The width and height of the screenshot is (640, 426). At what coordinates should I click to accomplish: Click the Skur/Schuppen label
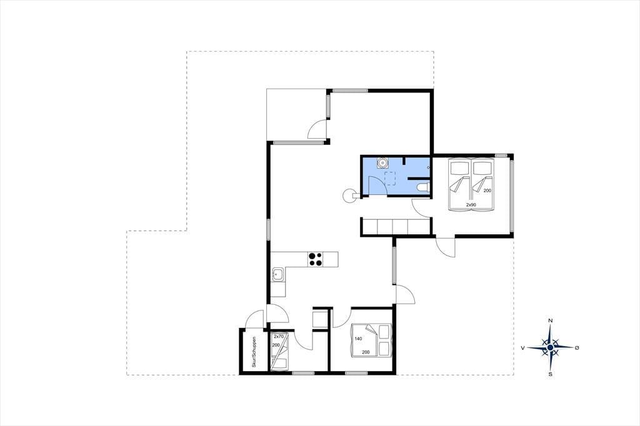254,352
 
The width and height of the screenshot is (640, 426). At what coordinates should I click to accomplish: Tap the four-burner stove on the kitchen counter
316,259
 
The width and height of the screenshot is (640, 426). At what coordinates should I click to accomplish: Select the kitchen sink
278,275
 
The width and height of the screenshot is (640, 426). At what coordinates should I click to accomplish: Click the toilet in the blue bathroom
423,187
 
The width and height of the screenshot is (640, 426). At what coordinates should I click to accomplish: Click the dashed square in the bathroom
391,178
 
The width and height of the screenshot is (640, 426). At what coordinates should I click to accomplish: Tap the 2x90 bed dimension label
471,204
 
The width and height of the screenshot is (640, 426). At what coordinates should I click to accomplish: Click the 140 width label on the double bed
358,339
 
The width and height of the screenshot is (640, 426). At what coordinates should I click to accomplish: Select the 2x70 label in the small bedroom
278,337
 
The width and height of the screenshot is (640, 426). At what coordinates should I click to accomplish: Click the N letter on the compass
550,320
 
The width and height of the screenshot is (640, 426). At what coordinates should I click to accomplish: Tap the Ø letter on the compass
577,348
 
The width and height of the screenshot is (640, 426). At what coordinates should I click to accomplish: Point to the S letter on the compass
550,374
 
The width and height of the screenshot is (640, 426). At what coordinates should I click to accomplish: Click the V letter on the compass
522,348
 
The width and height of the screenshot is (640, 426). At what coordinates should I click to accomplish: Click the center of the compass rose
550,347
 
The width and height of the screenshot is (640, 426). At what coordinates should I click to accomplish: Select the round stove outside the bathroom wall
349,196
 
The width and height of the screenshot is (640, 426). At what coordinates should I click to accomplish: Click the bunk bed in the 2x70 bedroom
279,351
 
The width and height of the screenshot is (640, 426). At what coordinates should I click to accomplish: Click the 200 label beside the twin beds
487,191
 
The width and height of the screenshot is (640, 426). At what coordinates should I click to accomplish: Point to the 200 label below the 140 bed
366,352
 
